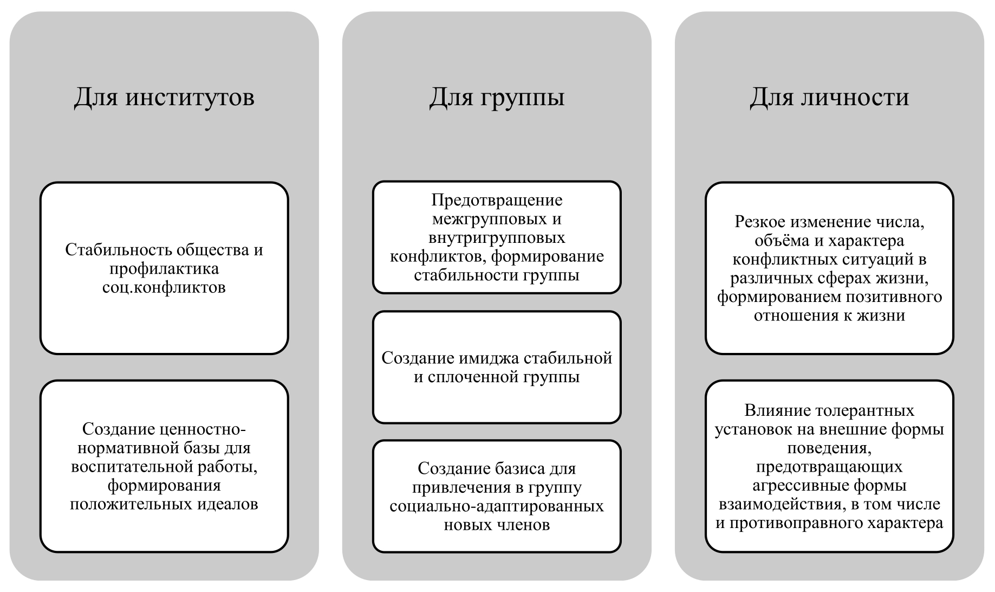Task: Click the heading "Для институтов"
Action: tap(164, 98)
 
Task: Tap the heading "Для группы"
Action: tap(497, 98)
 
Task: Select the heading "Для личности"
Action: tap(829, 98)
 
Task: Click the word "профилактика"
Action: tap(164, 269)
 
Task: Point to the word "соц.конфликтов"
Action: tap(164, 287)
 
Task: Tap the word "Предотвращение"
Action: tap(497, 201)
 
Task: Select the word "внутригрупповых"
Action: tap(497, 238)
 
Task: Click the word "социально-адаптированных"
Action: tap(497, 506)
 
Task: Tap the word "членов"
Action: tap(524, 525)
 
